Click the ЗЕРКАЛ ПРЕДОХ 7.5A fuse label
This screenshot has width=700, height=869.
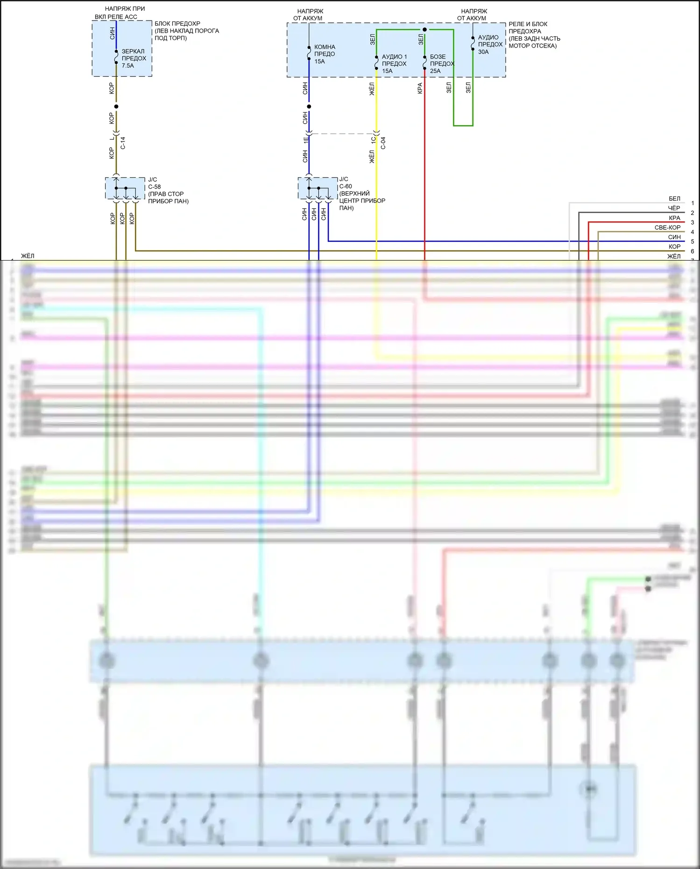tap(134, 58)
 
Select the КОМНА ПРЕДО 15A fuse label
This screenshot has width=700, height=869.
tap(325, 54)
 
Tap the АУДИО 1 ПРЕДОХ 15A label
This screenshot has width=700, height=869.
tap(394, 64)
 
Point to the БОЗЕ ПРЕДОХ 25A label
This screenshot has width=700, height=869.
tap(441, 64)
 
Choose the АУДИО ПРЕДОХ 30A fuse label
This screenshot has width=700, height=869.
tap(490, 44)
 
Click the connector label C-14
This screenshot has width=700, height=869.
tap(123, 143)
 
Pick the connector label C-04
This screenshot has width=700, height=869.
tap(383, 143)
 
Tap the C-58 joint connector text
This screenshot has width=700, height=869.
tap(154, 187)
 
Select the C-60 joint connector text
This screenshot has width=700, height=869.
tap(346, 186)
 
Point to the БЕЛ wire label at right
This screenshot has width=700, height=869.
tap(674, 199)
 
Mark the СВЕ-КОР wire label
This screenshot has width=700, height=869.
tap(667, 228)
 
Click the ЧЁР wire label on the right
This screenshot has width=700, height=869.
tap(674, 208)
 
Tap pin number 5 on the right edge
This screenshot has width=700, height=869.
tap(693, 242)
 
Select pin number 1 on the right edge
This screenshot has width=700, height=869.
tap(693, 204)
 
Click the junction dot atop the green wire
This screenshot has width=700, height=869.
tap(424, 29)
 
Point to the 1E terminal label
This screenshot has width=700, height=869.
tap(306, 140)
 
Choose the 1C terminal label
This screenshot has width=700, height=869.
tap(373, 140)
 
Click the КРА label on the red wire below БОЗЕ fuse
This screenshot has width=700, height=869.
tap(420, 88)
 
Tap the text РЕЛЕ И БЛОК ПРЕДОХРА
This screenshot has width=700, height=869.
tap(528, 28)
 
